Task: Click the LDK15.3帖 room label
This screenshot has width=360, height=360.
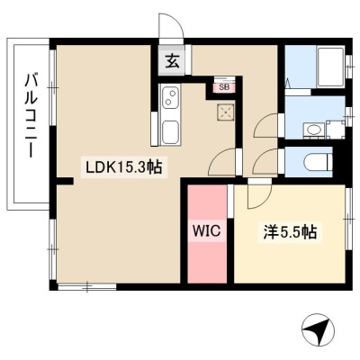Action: tap(124, 167)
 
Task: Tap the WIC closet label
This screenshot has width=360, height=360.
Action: tap(207, 231)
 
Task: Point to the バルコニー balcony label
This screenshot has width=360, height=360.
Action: tap(31, 116)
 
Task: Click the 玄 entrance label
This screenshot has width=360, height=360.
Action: tap(173, 62)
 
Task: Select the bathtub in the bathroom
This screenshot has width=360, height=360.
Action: tap(330, 67)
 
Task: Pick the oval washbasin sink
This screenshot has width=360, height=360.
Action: tap(313, 130)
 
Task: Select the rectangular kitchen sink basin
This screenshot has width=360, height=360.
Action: tap(170, 132)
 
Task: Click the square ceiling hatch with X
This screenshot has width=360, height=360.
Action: tap(225, 112)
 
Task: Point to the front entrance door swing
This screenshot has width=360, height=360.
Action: tap(170, 27)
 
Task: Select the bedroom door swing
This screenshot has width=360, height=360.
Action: tap(258, 195)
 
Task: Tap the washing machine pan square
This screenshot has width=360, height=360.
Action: tap(336, 130)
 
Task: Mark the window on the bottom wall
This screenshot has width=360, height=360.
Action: tap(86, 287)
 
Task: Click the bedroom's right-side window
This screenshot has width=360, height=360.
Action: tap(348, 219)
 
